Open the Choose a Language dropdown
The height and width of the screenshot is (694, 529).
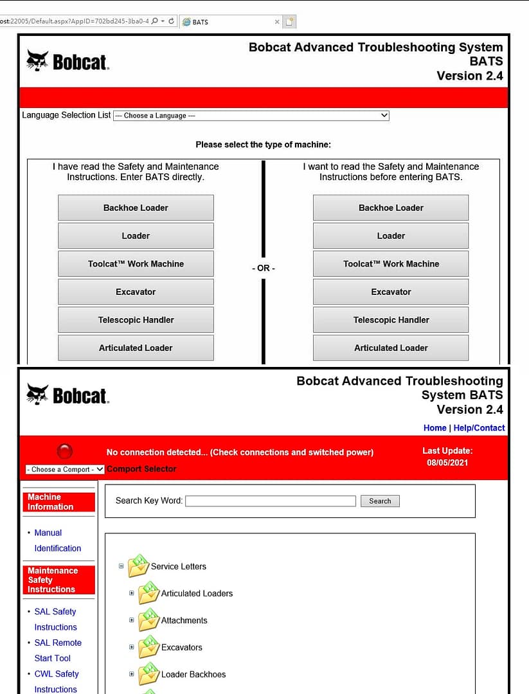(251, 116)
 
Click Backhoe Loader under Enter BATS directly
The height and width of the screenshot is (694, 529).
(136, 208)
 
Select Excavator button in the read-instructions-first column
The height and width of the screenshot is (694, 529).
(390, 292)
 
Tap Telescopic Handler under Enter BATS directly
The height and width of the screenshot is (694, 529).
(136, 320)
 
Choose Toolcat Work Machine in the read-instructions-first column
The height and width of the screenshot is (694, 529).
(390, 264)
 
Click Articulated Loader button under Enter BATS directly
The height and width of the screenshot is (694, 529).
(136, 348)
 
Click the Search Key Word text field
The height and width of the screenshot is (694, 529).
(270, 501)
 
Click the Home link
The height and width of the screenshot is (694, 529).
(435, 428)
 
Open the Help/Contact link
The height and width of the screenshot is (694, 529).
(479, 428)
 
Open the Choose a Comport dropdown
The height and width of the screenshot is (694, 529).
(64, 470)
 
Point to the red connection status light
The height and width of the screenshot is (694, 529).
(65, 452)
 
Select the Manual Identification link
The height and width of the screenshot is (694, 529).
(57, 540)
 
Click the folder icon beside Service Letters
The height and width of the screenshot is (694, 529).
(138, 566)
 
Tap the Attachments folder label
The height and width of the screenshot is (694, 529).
(184, 620)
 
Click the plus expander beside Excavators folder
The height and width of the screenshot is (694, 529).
(132, 647)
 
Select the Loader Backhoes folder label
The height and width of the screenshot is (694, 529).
(193, 674)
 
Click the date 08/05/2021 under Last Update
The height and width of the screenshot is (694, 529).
(447, 463)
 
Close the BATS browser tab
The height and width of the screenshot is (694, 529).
(277, 22)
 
